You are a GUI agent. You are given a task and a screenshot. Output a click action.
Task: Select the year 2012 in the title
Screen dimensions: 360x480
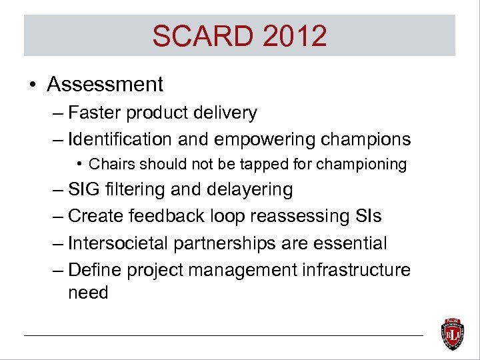click(x=295, y=36)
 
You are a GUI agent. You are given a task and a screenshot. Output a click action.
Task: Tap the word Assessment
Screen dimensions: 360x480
click(x=105, y=85)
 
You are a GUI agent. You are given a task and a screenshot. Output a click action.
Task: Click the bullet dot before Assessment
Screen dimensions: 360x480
click(x=33, y=85)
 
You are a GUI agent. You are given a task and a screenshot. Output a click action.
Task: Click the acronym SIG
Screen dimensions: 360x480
click(x=85, y=190)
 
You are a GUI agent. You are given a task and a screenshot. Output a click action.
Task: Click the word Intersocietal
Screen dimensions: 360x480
click(x=118, y=243)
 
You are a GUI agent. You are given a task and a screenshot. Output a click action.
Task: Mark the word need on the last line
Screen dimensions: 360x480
click(x=88, y=293)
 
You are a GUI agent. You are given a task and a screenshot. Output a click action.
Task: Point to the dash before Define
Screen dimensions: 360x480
click(x=59, y=270)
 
